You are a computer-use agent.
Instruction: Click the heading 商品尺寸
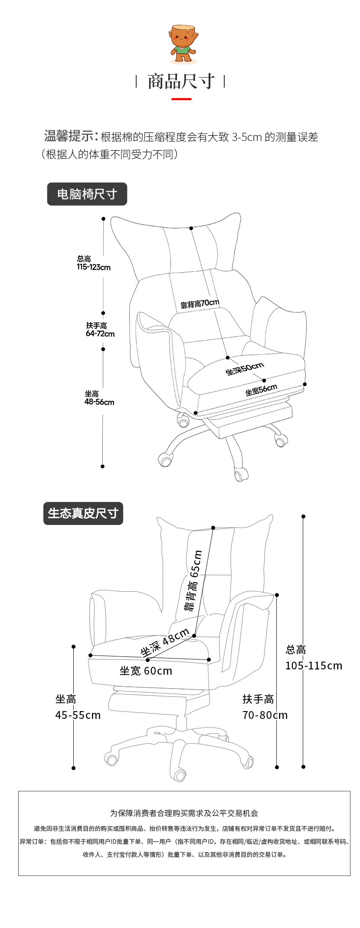[181, 82]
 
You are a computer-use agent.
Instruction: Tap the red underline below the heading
[181, 99]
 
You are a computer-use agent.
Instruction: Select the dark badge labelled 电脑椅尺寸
[87, 194]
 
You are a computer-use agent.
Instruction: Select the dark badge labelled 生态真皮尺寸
[83, 513]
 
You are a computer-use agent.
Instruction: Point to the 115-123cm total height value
[94, 267]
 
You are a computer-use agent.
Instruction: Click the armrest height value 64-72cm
[100, 334]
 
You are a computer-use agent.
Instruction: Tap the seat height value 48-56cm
[99, 402]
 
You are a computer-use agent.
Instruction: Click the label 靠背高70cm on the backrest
[200, 304]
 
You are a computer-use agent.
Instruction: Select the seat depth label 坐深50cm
[245, 369]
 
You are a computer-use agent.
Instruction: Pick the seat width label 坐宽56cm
[261, 390]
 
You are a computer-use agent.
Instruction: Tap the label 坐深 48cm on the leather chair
[165, 642]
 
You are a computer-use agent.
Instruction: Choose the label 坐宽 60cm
[146, 671]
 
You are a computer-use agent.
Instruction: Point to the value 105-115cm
[314, 666]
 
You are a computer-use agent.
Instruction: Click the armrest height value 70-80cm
[265, 715]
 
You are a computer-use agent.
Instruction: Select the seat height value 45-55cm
[78, 715]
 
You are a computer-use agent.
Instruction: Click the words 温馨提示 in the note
[69, 136]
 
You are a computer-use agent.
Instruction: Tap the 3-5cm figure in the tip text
[247, 138]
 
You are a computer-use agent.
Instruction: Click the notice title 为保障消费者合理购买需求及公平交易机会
[184, 813]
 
